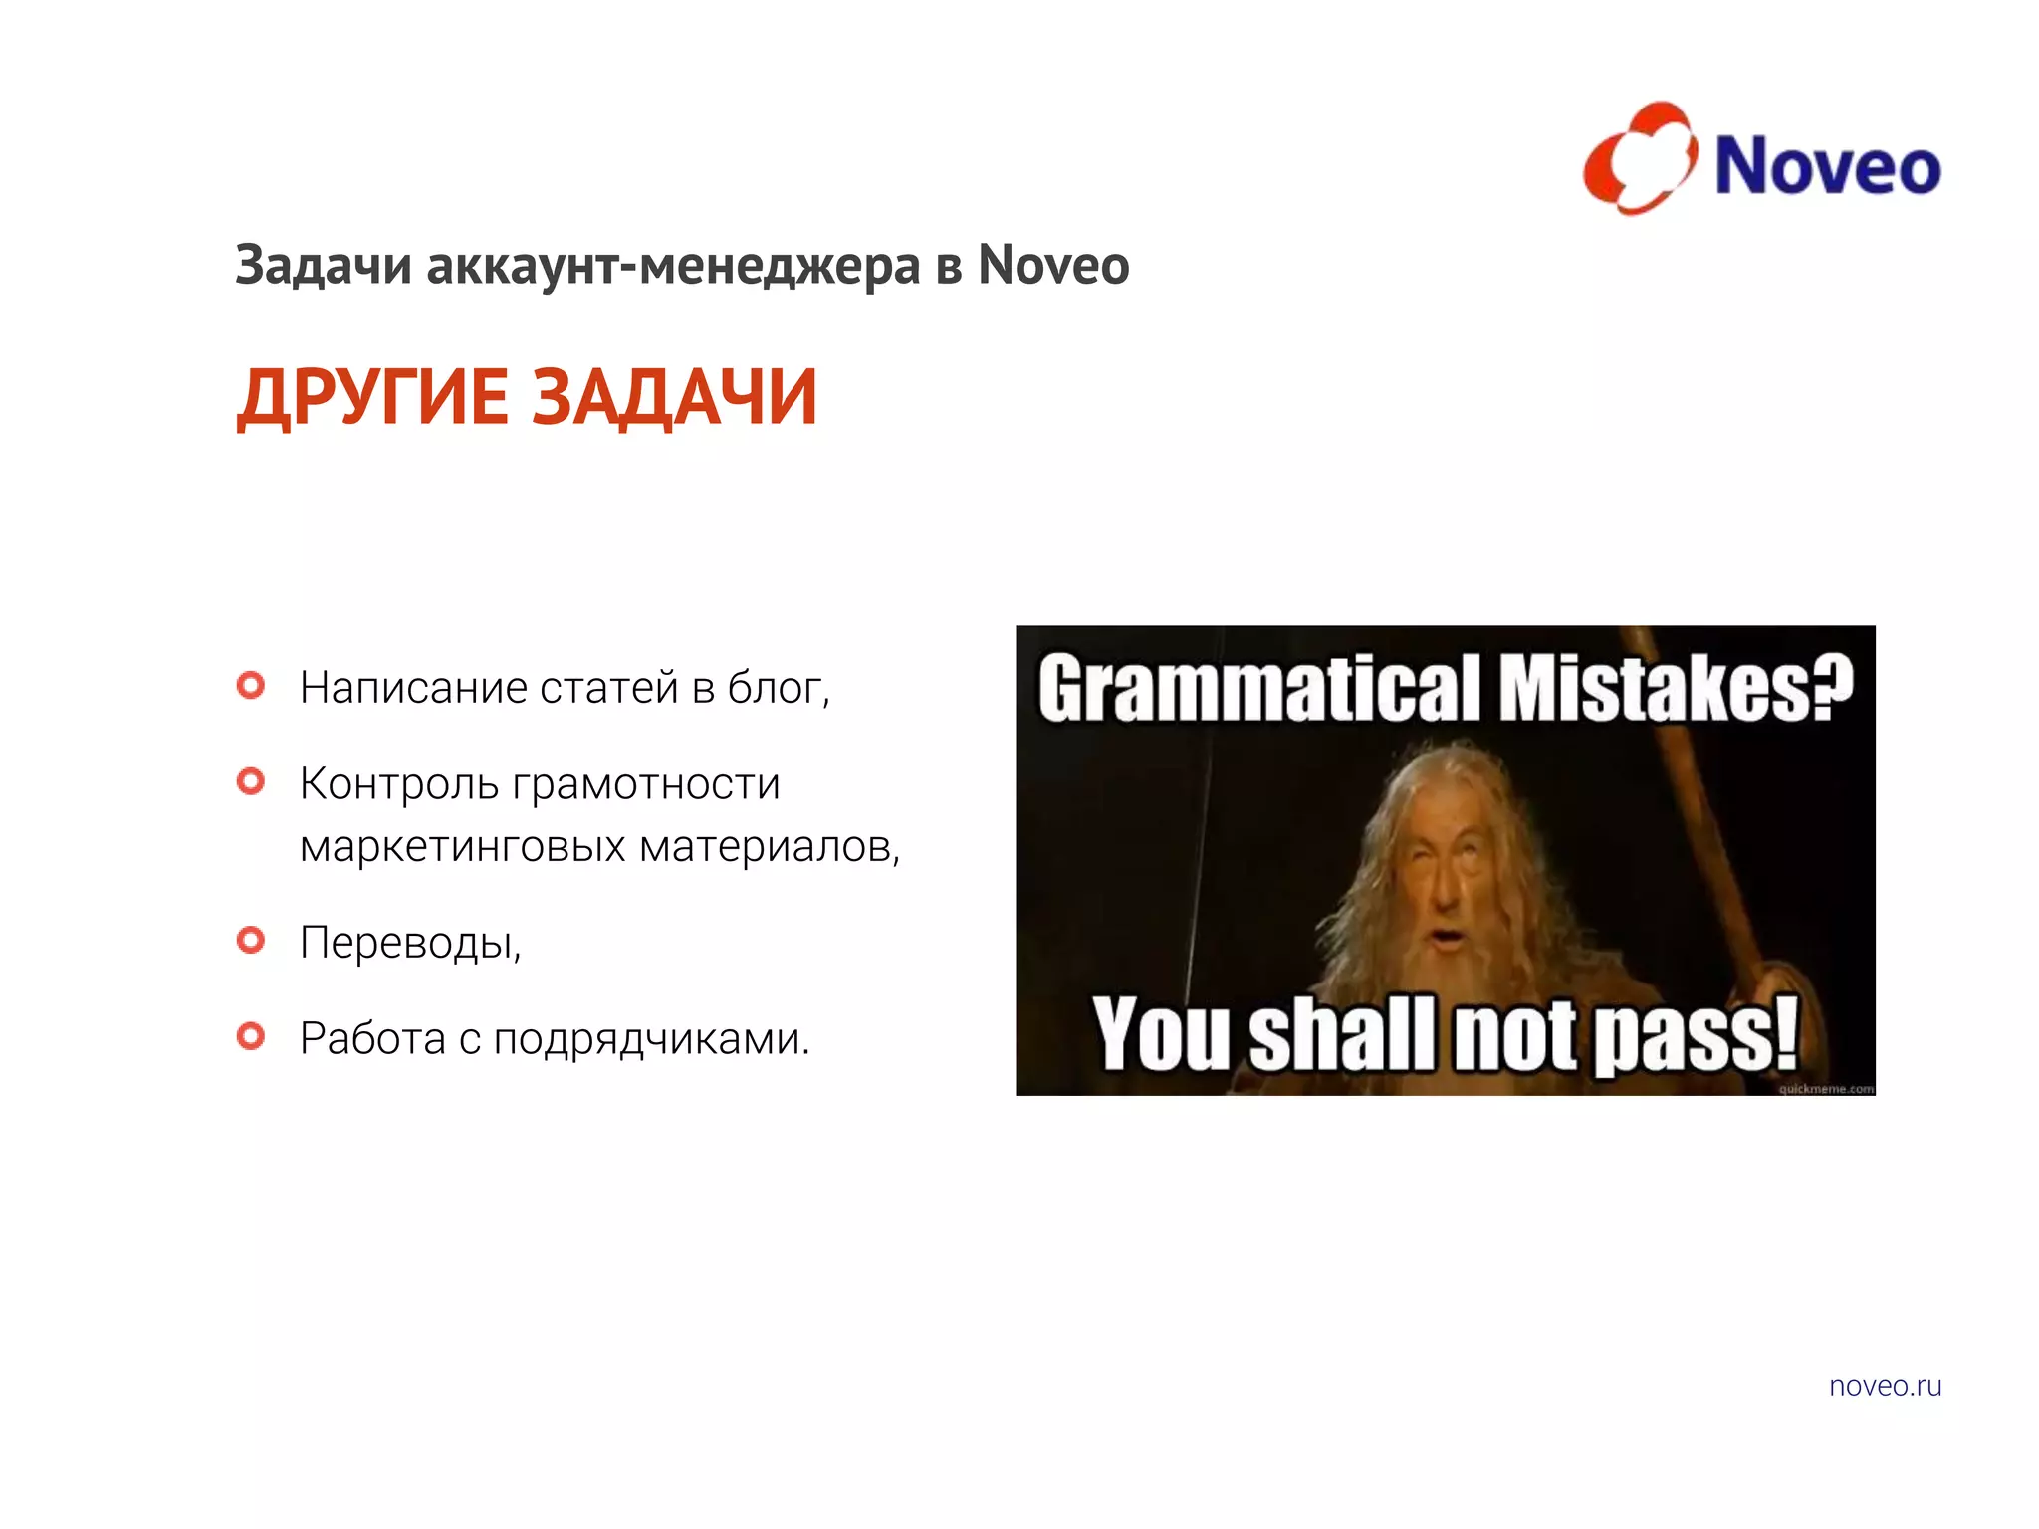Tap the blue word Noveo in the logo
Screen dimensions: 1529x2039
1827,166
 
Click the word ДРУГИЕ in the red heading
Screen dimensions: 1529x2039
372,398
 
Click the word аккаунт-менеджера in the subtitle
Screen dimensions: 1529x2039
673,267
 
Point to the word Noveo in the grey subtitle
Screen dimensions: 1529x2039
1053,265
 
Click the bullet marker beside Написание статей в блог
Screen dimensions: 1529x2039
251,685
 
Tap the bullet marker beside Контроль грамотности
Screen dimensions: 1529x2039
251,781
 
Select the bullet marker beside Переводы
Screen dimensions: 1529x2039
251,940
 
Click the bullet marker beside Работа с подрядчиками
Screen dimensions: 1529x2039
251,1036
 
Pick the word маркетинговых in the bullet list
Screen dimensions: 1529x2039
463,847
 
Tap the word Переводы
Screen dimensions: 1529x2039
409,942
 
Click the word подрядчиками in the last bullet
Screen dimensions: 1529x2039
651,1039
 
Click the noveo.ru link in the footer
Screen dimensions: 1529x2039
1885,1386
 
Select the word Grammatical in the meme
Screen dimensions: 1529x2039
1259,688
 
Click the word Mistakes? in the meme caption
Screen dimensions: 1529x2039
1675,688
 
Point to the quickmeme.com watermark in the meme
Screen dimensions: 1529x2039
1826,1089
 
